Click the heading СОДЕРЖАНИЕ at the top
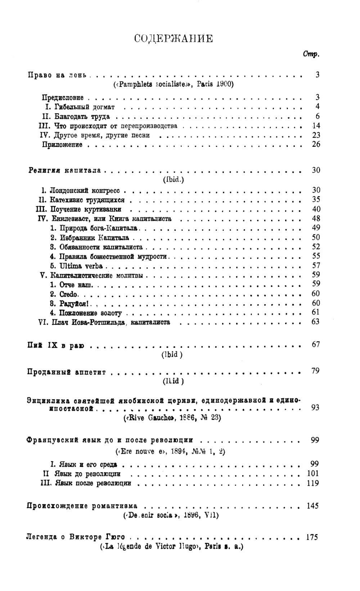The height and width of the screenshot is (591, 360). coord(173,39)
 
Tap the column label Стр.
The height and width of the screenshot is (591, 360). coord(311,54)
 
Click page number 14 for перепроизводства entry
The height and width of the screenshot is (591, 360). coord(315,126)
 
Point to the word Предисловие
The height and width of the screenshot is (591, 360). coord(63,97)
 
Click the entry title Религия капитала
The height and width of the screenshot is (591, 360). coord(64,170)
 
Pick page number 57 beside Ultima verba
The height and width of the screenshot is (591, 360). coord(315,266)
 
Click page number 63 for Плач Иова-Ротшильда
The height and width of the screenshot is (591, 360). coord(315,321)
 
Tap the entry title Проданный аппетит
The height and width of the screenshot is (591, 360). coord(66,372)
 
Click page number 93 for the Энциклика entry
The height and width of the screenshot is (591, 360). coord(315,408)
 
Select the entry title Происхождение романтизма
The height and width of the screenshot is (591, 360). coord(82,506)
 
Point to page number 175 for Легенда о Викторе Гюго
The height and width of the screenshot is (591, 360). coord(312,537)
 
